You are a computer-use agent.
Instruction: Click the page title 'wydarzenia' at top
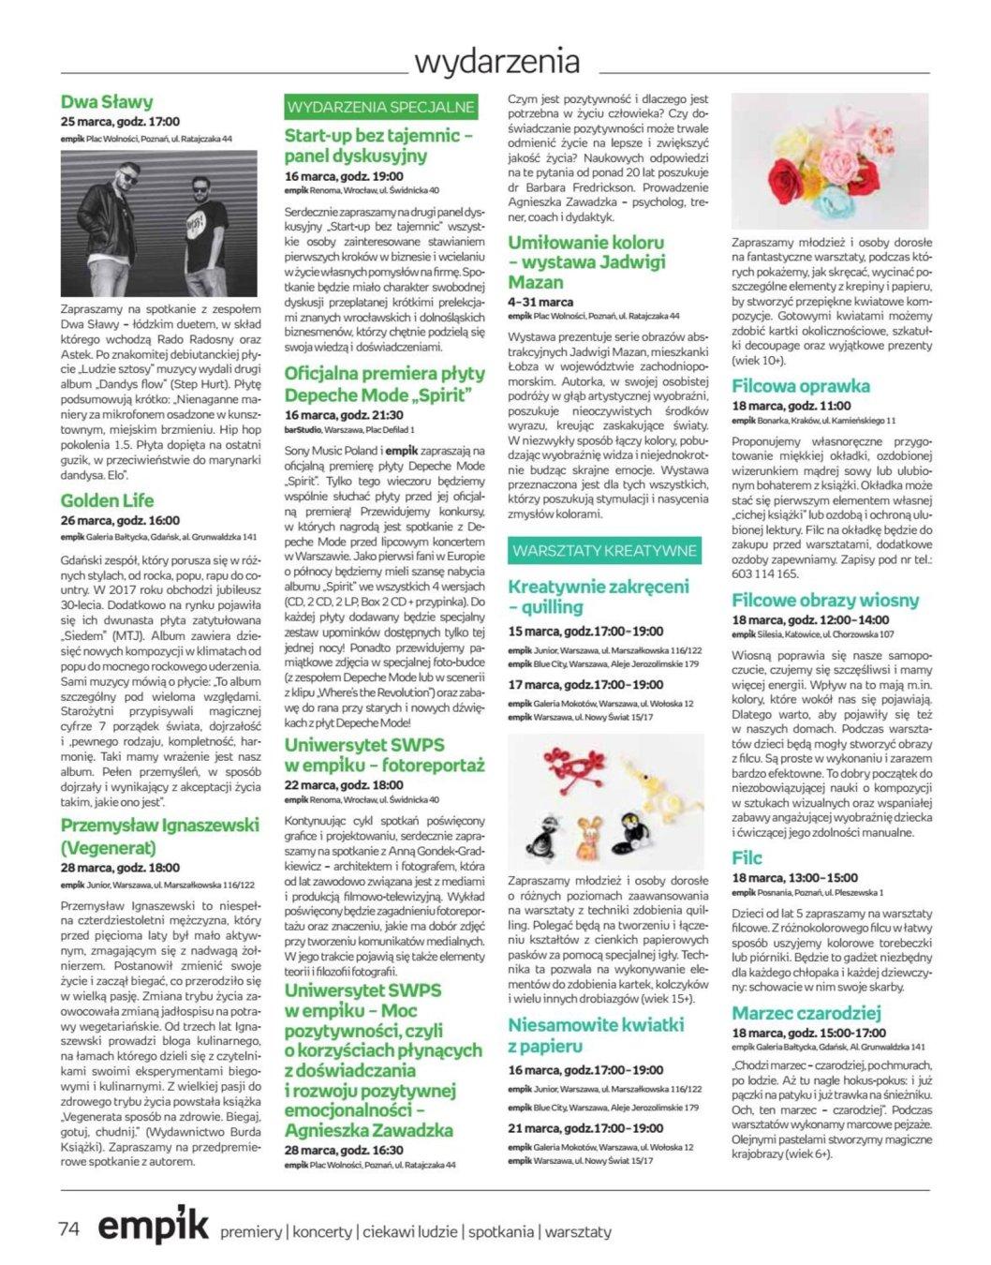pos(496,62)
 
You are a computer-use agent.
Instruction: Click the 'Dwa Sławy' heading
pos(107,101)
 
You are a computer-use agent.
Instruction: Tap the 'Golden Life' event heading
pos(107,500)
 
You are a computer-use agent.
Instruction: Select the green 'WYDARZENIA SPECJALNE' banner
pos(381,107)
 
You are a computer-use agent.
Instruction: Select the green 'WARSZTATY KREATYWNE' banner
pos(604,549)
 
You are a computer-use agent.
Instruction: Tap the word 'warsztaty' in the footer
pos(579,1231)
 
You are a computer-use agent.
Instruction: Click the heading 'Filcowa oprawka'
pos(801,385)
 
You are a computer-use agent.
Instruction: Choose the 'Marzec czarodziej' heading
pos(806,1013)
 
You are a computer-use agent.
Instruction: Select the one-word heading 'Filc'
pos(747,857)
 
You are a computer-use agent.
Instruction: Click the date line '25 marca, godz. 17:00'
pos(120,122)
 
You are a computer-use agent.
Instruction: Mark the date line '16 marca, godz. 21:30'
pos(344,415)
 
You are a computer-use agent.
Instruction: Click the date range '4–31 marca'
pos(540,303)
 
